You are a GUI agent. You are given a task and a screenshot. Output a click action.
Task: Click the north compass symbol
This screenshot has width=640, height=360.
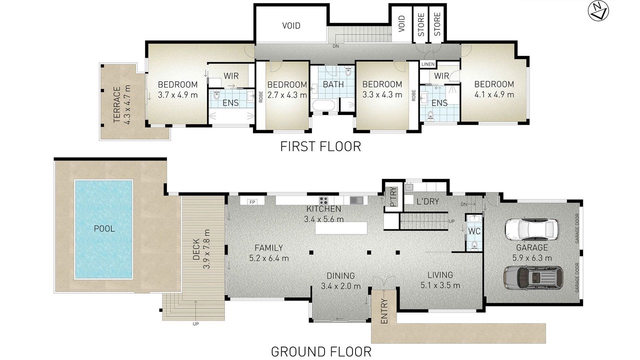point(598,10)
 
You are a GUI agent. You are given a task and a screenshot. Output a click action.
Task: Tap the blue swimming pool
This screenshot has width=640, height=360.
point(103,229)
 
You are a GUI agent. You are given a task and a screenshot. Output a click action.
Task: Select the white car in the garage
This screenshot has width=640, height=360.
point(531,229)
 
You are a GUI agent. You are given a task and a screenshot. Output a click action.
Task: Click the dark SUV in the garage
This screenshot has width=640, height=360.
point(533,277)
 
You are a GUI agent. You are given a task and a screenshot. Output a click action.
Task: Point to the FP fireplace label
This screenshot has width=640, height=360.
point(252,202)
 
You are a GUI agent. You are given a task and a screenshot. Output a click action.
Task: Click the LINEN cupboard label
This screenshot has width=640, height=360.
point(427,64)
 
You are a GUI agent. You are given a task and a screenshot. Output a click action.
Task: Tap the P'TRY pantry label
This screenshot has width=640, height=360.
point(393,196)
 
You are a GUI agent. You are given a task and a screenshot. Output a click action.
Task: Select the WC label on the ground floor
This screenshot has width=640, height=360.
point(474,231)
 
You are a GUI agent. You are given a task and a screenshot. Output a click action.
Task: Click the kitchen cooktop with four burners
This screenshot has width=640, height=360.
point(323,200)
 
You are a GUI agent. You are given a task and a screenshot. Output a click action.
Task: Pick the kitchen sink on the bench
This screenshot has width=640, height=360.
point(356,200)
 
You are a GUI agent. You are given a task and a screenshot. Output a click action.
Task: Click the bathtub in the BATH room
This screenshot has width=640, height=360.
point(323,105)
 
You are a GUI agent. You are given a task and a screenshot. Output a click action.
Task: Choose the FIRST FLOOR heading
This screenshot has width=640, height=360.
point(320,146)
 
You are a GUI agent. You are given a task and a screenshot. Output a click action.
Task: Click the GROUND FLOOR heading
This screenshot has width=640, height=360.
point(321,351)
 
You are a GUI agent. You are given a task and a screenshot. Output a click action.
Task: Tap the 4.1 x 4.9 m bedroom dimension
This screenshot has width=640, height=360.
point(494,94)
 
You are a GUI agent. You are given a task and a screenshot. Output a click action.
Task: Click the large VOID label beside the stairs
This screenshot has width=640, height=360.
point(291,25)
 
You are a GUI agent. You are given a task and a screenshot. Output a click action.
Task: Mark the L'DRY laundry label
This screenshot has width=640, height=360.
point(427,201)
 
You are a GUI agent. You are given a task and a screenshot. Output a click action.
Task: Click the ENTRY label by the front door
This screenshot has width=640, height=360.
point(384,311)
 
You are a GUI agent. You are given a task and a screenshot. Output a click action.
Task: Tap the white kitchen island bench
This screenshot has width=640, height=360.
point(341,228)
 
